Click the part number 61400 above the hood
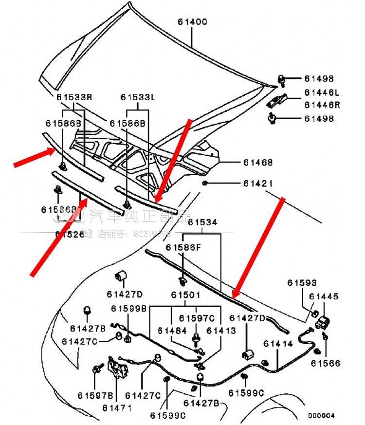tap(192, 22)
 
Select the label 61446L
tap(322, 92)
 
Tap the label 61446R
tap(322, 104)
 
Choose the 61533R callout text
tap(73, 97)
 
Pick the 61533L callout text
tap(138, 97)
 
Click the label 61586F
tap(182, 247)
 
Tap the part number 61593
tap(302, 282)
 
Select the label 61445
tap(324, 296)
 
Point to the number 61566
tap(326, 363)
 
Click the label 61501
tap(185, 295)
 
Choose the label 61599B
tap(128, 308)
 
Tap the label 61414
tap(278, 344)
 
